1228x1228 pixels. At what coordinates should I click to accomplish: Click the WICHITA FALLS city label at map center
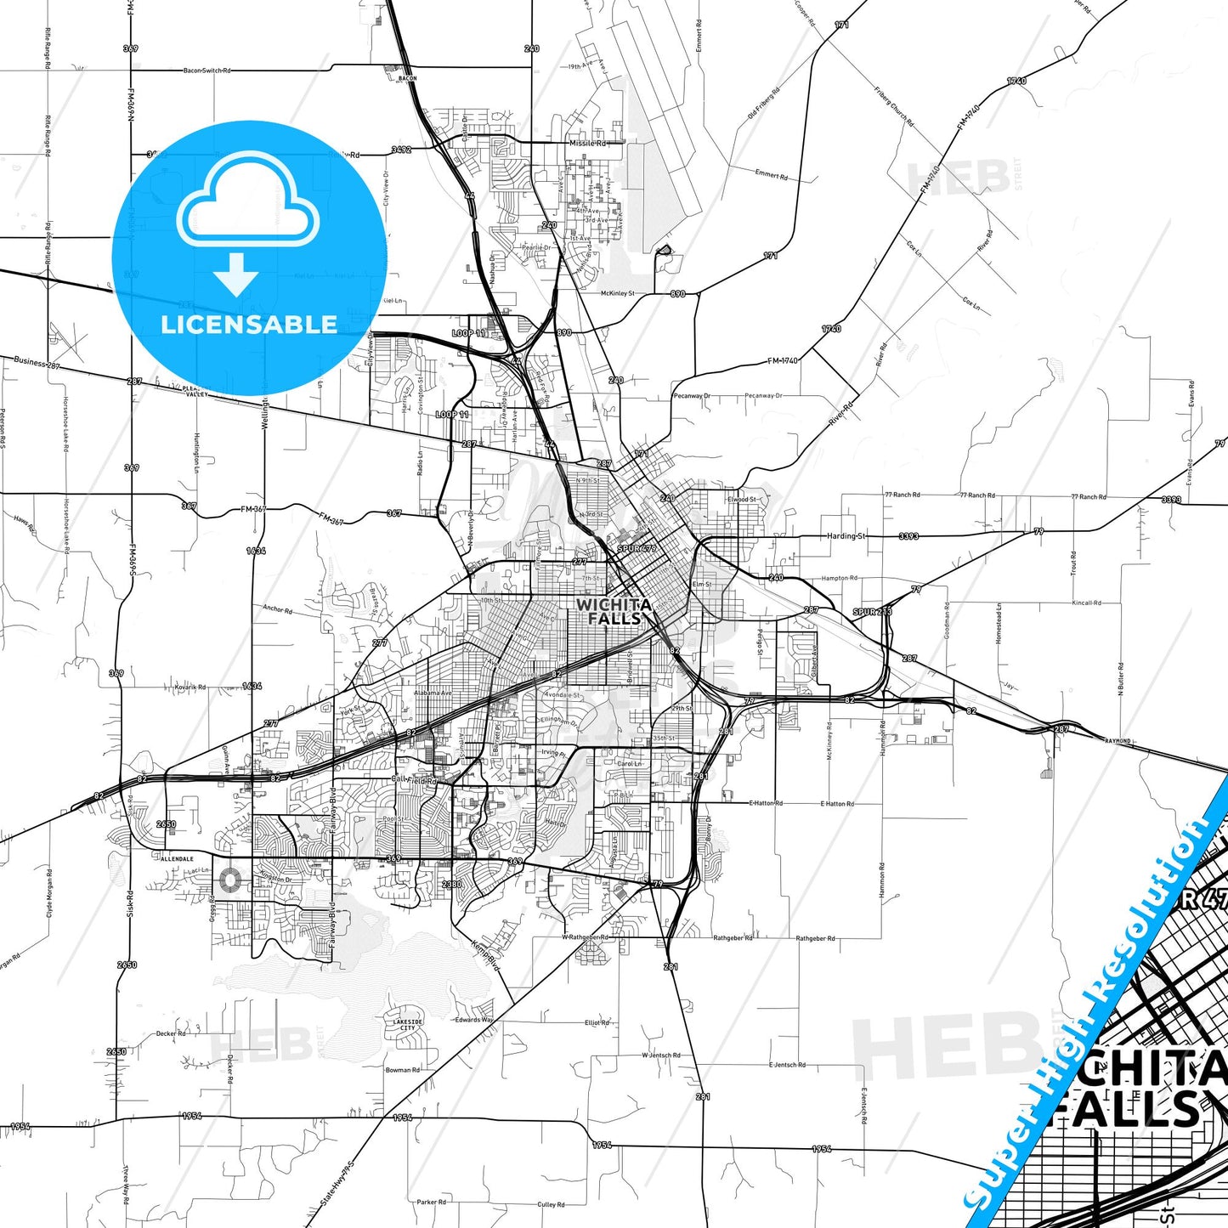click(x=614, y=611)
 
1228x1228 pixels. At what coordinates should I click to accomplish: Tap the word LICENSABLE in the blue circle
click(x=249, y=324)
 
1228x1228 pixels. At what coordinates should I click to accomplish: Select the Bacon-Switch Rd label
click(x=207, y=71)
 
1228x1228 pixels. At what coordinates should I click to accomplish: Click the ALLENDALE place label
click(x=178, y=859)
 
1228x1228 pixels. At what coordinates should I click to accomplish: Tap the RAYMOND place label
click(x=1118, y=741)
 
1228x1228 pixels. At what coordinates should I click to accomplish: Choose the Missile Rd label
click(x=587, y=144)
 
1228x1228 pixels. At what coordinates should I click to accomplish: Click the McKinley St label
click(x=618, y=293)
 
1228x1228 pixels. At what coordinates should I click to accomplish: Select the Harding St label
click(x=846, y=536)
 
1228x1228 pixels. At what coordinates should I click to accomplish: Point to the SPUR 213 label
click(x=873, y=612)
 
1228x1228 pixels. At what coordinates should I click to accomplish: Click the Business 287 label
click(x=37, y=362)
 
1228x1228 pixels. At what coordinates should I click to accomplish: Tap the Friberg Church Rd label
click(x=893, y=106)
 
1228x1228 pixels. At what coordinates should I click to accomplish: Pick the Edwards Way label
click(x=473, y=1020)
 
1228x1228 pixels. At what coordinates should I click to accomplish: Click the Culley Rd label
click(x=551, y=1204)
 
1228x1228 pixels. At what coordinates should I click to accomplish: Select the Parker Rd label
click(x=432, y=1202)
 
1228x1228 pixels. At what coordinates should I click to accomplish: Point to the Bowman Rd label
click(x=403, y=1070)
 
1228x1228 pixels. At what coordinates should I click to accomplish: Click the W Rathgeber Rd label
click(x=586, y=937)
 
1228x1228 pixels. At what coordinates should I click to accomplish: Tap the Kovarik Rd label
click(x=190, y=687)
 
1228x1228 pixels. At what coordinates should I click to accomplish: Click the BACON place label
click(x=408, y=78)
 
